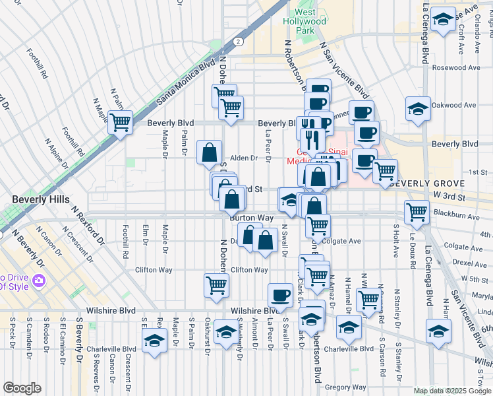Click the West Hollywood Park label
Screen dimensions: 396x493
[310, 21]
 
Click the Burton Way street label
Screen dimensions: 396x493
[251, 217]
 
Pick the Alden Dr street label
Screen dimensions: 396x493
[243, 158]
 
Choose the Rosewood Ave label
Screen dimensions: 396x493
[456, 68]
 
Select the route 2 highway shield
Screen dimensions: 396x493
[236, 41]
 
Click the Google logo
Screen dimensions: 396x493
[22, 388]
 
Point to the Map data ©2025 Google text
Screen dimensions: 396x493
[452, 391]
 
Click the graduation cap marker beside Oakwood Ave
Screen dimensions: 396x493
[418, 108]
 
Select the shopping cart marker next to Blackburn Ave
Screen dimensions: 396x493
[417, 212]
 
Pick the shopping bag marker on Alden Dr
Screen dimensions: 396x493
[209, 152]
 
